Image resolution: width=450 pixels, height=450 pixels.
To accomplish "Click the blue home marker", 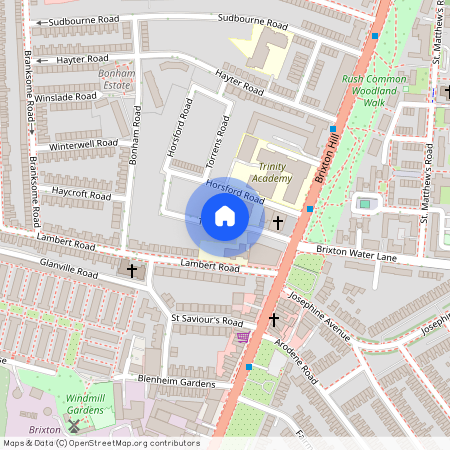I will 225,216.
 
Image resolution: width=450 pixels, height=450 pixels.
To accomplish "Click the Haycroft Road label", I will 81,195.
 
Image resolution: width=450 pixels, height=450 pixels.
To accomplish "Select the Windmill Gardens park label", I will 86,404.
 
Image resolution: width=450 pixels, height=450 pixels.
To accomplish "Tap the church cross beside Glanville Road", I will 131,270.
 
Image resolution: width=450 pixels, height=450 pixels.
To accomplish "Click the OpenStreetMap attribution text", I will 100,443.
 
